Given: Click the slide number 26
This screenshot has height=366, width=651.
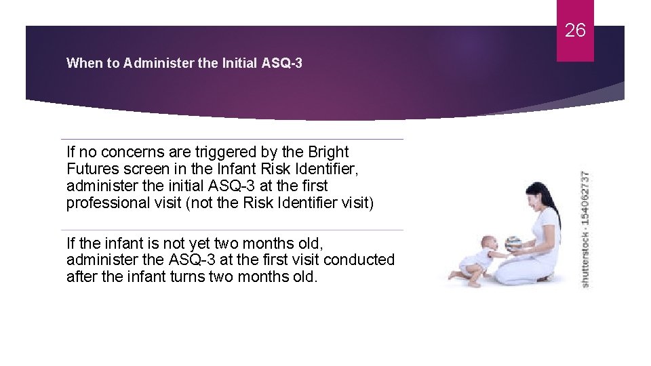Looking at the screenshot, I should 575,30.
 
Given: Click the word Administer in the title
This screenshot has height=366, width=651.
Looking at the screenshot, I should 158,64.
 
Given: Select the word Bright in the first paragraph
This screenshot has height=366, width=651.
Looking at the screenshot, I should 328,152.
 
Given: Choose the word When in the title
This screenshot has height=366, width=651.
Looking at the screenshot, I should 82,64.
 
